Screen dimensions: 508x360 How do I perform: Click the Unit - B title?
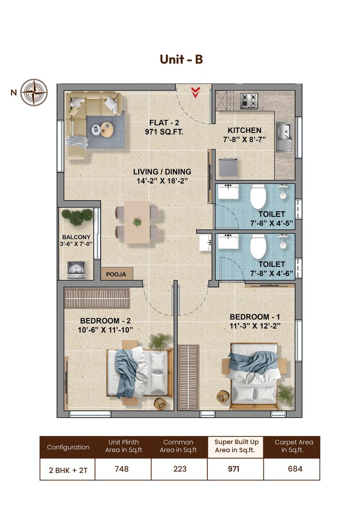pyautogui.click(x=181, y=59)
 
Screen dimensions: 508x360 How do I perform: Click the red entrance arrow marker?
pyautogui.click(x=196, y=92)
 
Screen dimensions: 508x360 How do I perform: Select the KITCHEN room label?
pyautogui.click(x=245, y=130)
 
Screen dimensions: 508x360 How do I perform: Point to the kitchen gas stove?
pyautogui.click(x=250, y=101)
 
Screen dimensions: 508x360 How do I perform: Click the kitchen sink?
pyautogui.click(x=284, y=131)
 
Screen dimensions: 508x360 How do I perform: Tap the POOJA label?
pyautogui.click(x=116, y=274)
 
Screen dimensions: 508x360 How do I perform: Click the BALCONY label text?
pyautogui.click(x=76, y=237)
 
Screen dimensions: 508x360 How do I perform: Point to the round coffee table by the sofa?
pyautogui.click(x=106, y=128)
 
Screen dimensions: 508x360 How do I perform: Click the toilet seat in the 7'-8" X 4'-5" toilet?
pyautogui.click(x=258, y=197)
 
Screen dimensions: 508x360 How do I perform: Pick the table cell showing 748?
pyautogui.click(x=122, y=468)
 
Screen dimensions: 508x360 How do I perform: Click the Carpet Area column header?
pyautogui.click(x=293, y=446)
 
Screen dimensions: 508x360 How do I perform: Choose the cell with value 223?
pyautogui.click(x=179, y=468)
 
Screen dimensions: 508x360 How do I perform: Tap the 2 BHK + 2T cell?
pyautogui.click(x=68, y=469)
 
